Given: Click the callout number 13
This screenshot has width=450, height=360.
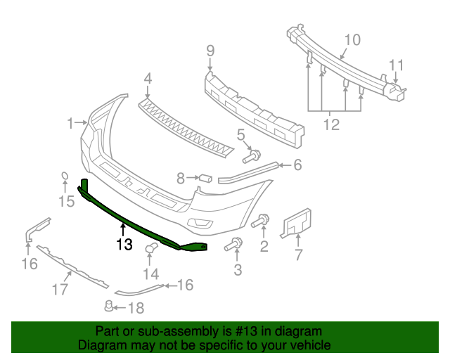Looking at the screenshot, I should (124, 245).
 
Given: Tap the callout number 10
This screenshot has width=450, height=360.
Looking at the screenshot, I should (352, 39).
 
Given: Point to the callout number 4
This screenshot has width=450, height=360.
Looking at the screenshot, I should (148, 79).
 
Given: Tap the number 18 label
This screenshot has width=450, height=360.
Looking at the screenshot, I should (136, 307).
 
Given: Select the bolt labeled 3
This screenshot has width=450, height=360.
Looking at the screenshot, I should (233, 245).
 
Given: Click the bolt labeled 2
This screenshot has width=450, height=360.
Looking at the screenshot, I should (260, 222).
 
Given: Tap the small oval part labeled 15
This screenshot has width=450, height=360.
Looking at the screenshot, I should (63, 177).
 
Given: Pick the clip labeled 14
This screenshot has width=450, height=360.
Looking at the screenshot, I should (150, 248).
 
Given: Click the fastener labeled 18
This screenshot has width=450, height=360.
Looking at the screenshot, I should (109, 306).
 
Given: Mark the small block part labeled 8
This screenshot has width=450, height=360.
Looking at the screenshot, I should (206, 177).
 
